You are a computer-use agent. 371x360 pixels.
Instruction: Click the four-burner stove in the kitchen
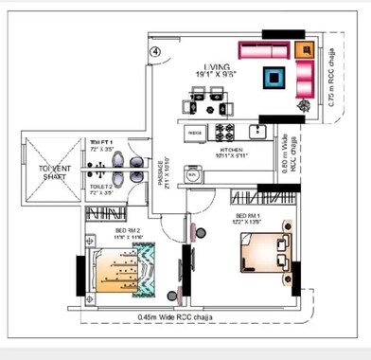click(227, 131)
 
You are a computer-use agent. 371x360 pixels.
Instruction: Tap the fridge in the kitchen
click(195, 132)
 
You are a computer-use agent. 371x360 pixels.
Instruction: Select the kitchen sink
click(256, 130)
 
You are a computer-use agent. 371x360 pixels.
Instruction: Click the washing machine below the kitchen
click(192, 175)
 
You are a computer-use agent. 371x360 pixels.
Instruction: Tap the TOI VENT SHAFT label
click(55, 170)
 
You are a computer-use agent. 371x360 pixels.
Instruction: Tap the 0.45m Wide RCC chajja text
click(186, 318)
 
